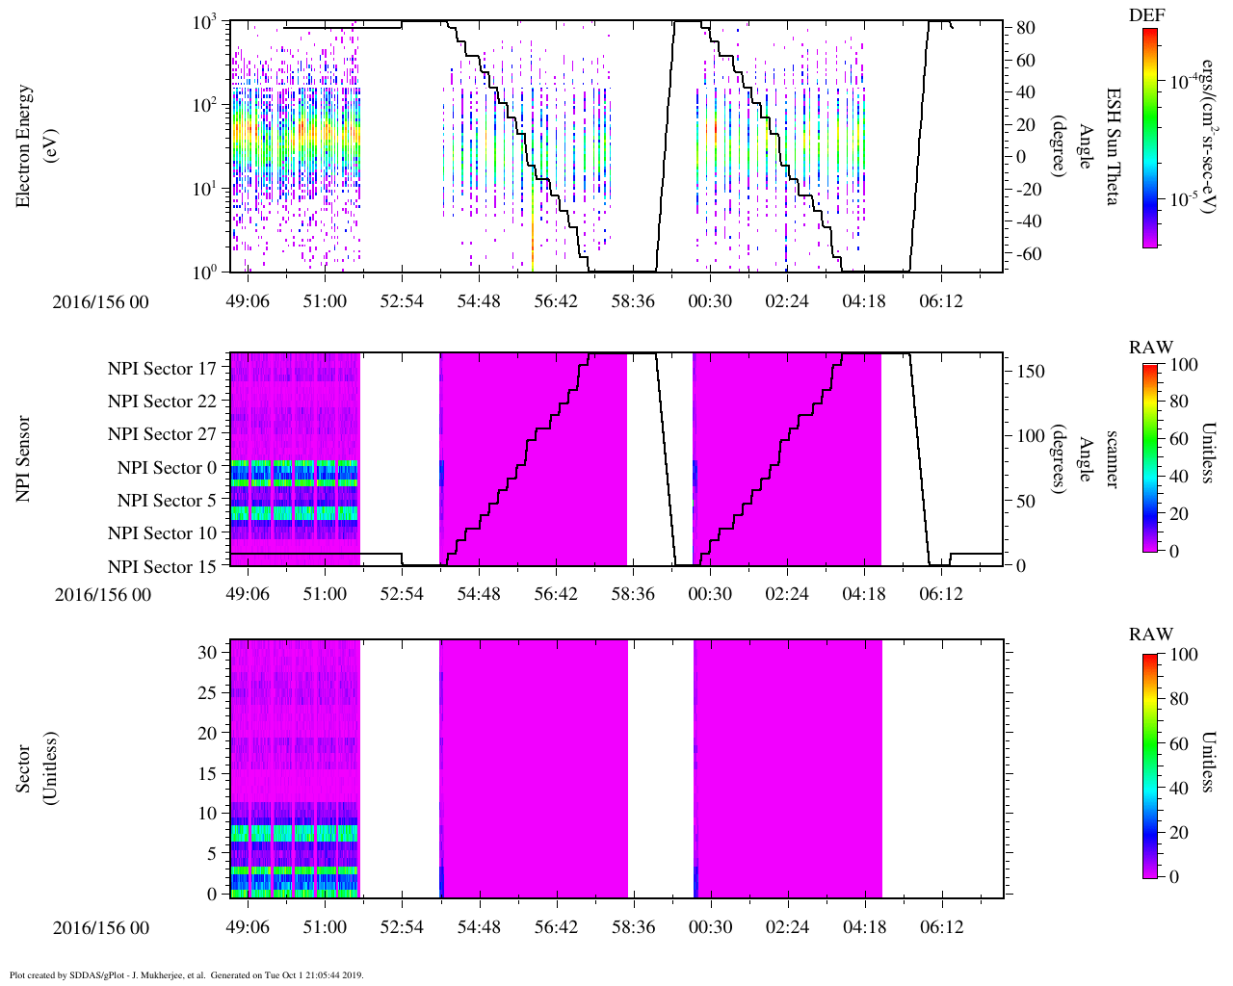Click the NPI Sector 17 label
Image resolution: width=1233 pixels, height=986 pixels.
click(x=162, y=369)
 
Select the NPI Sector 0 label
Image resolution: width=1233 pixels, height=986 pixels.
click(x=167, y=468)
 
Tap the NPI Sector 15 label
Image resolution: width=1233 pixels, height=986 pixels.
click(x=162, y=567)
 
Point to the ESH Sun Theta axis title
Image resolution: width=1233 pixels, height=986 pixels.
click(x=1113, y=146)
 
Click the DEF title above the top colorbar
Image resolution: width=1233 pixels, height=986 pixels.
click(x=1147, y=14)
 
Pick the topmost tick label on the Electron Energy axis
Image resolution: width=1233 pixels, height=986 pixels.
click(x=205, y=22)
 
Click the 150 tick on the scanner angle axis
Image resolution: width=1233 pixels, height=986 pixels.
click(x=1032, y=372)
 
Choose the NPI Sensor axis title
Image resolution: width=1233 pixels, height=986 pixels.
click(x=24, y=459)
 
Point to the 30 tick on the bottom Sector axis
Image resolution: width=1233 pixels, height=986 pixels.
click(x=208, y=652)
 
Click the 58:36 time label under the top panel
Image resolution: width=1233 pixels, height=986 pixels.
click(x=633, y=301)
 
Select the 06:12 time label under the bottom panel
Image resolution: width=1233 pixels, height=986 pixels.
click(x=941, y=928)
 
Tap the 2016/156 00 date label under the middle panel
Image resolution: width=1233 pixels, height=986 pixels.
click(x=102, y=595)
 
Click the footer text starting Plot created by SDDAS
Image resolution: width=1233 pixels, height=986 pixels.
click(x=187, y=975)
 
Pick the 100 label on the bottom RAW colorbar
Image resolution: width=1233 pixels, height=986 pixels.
click(x=1183, y=655)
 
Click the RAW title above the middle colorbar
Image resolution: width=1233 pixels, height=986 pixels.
click(x=1151, y=348)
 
